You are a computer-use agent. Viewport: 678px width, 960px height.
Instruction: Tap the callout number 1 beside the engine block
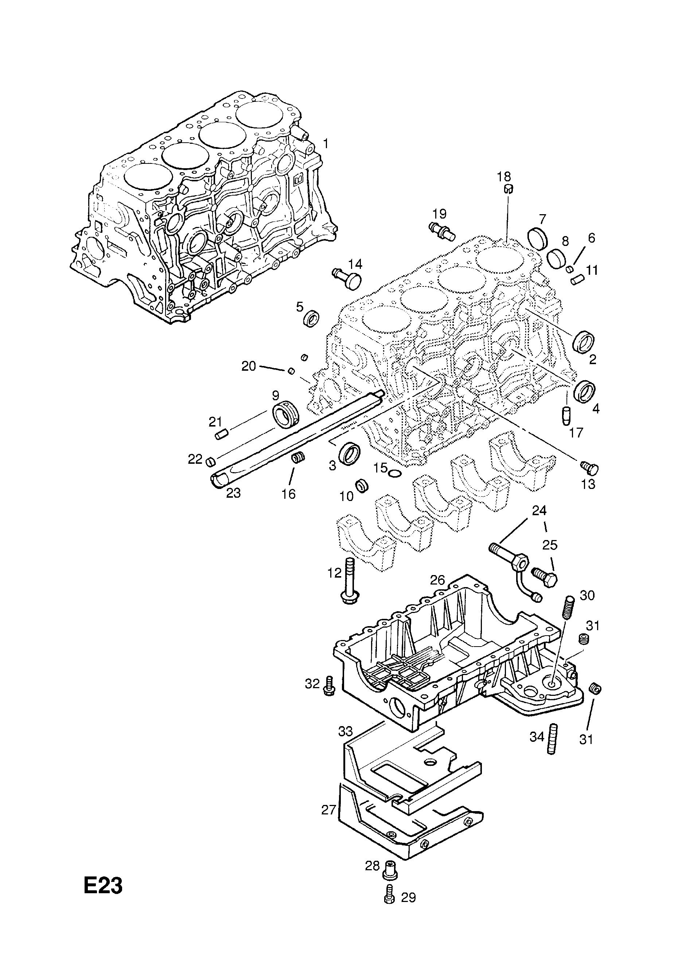[x=326, y=144]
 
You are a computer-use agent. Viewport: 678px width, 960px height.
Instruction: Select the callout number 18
[x=504, y=177]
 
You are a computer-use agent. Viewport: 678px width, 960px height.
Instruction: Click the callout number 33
[x=346, y=731]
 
